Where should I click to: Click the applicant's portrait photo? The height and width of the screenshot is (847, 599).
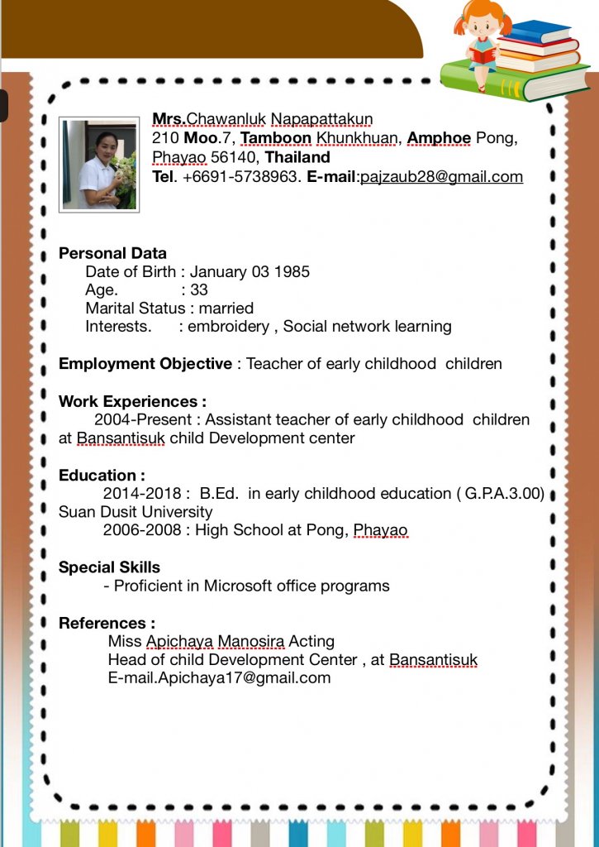click(99, 165)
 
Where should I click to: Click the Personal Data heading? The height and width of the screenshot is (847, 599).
click(112, 253)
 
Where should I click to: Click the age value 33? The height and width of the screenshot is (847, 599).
click(198, 290)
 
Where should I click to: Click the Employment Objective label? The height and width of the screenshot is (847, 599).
click(145, 363)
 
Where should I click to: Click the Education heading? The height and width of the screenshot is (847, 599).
click(102, 475)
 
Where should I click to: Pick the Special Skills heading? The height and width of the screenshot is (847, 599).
click(109, 567)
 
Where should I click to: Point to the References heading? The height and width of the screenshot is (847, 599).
click(107, 623)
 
